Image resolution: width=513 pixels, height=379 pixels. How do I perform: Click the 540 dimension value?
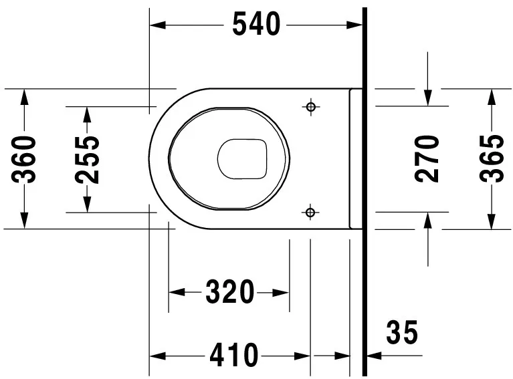[x=256, y=25]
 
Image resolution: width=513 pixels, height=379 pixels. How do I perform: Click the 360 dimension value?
[x=25, y=158]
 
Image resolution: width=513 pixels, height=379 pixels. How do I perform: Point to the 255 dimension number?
[x=87, y=160]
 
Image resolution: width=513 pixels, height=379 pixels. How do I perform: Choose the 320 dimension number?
[x=229, y=292]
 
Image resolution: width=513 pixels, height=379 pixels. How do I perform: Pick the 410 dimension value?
[x=233, y=355]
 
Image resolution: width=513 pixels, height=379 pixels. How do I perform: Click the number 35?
[x=401, y=332]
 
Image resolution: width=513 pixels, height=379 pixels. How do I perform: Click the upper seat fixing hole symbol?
[x=310, y=107]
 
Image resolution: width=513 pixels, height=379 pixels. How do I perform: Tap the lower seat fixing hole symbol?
[x=310, y=212]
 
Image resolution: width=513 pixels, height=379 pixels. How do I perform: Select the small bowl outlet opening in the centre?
[x=242, y=159]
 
